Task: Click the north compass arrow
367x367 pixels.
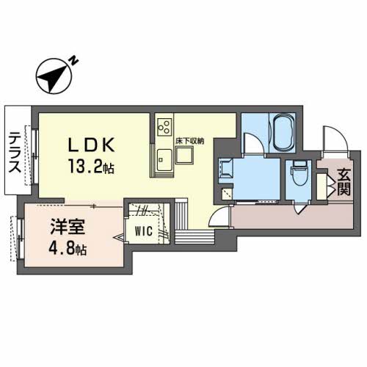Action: [52, 76]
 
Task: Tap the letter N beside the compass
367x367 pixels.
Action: [75, 62]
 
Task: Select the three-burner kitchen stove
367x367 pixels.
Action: [163, 126]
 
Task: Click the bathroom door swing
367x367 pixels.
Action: [250, 144]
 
